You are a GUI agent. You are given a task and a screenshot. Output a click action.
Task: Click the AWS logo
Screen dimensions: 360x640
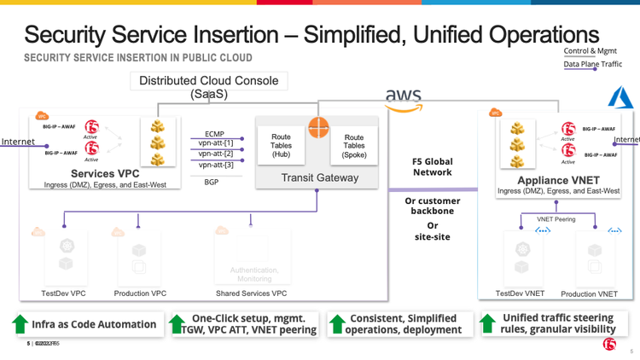(404, 98)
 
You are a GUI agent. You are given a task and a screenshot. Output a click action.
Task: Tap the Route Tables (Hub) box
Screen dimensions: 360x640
(281, 146)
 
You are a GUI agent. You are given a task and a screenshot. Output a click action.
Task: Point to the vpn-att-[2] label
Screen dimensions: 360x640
(214, 154)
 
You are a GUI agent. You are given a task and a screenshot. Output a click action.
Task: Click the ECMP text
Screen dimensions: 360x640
(215, 134)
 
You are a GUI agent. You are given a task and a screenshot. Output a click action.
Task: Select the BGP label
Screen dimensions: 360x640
(212, 181)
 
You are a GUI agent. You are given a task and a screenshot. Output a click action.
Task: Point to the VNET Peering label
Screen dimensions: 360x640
(556, 219)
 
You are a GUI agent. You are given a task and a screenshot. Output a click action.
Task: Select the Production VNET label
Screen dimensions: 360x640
(589, 293)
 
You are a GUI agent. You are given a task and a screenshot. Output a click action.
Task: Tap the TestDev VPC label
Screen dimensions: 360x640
(63, 293)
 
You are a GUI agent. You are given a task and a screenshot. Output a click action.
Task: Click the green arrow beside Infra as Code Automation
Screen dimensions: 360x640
(20, 324)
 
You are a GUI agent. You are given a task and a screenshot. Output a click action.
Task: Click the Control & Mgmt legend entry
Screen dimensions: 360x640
(591, 51)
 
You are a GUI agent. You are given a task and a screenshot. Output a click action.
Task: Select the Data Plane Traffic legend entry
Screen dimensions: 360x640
(593, 64)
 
